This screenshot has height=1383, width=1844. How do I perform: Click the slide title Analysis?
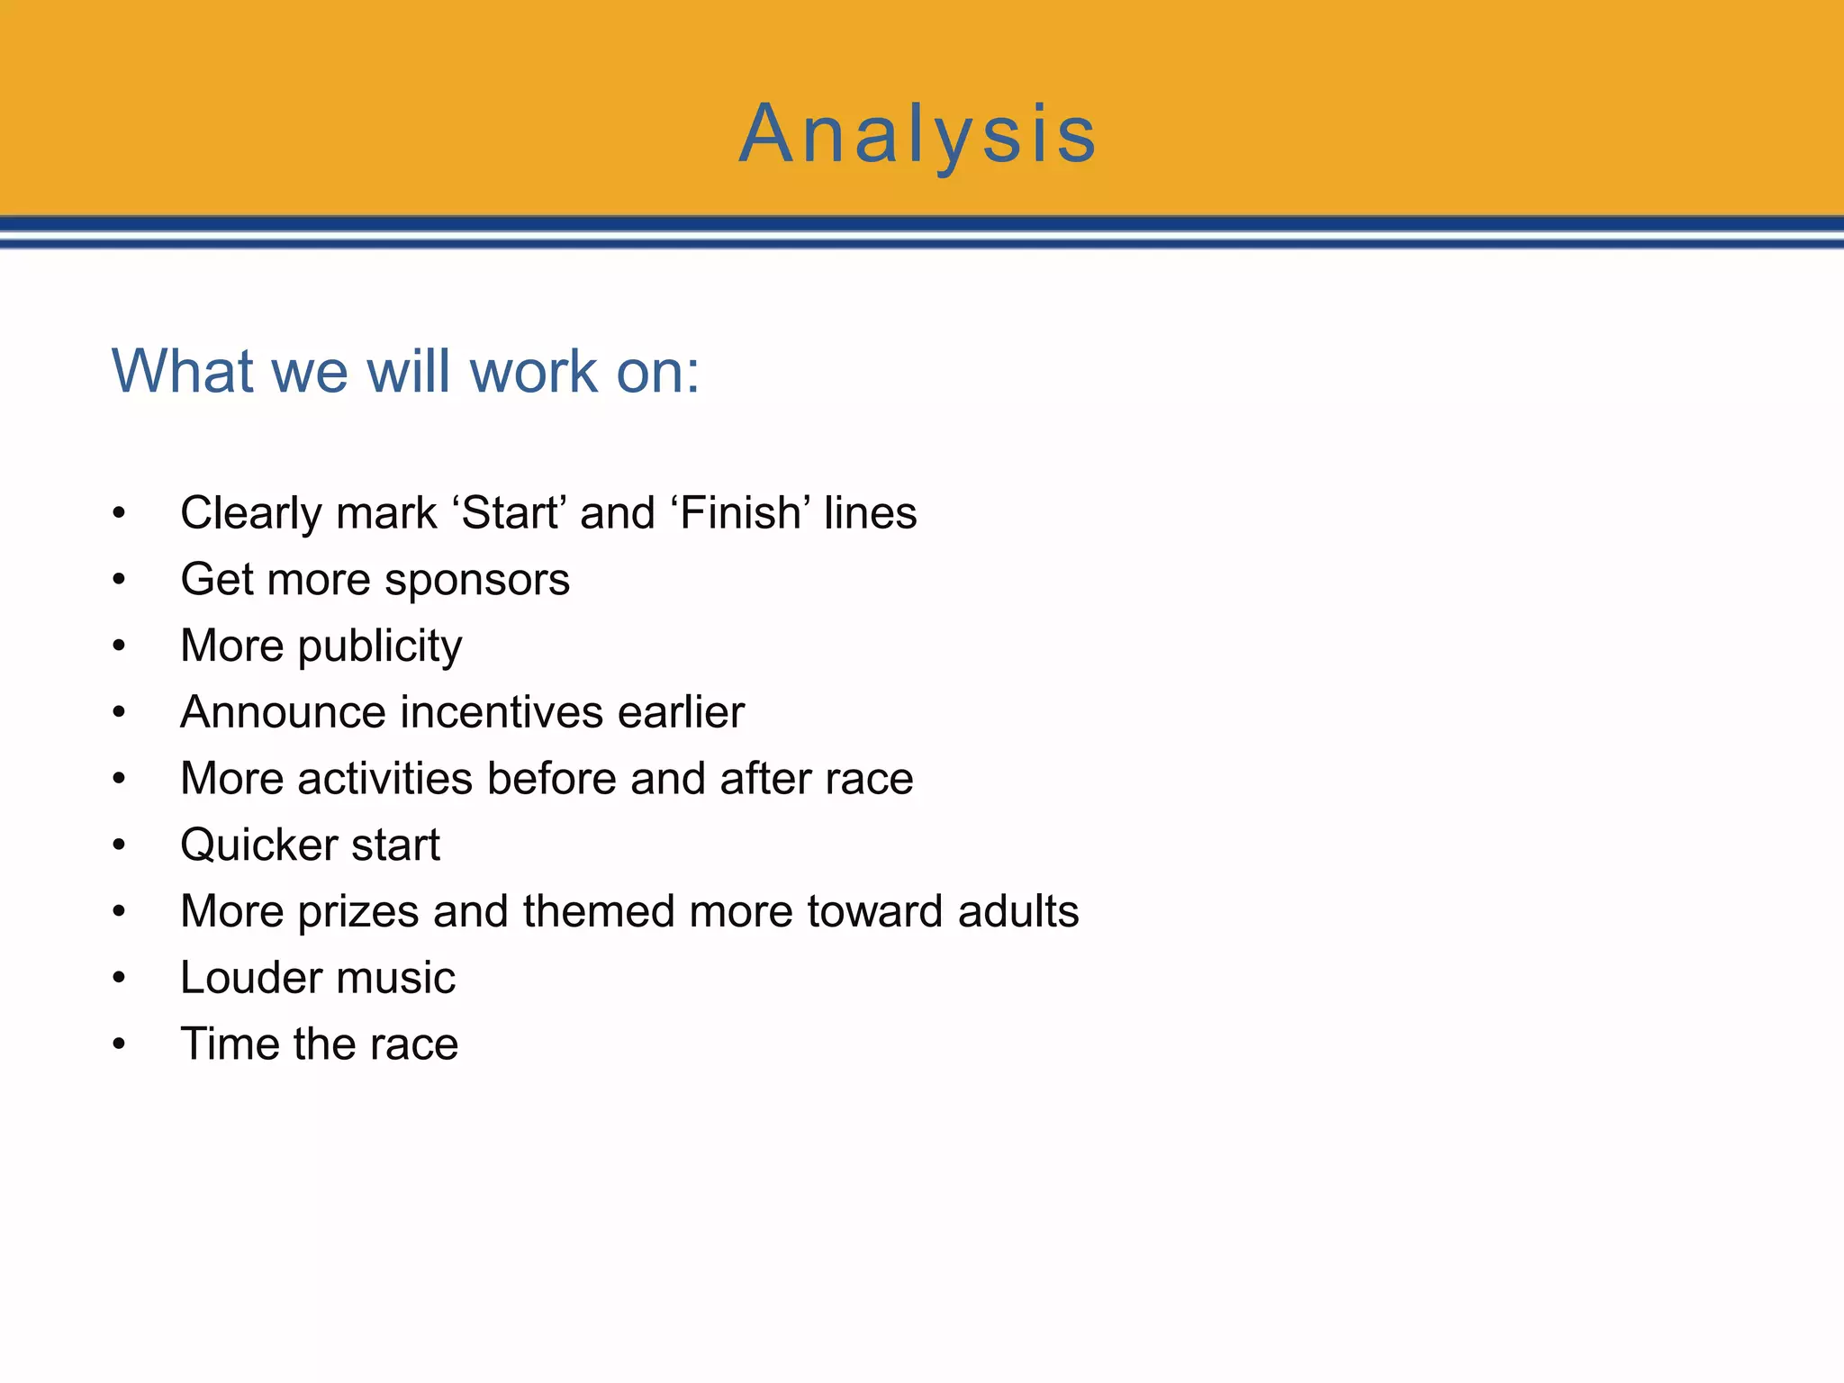pyautogui.click(x=917, y=135)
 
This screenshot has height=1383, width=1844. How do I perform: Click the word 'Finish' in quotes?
pyautogui.click(x=740, y=513)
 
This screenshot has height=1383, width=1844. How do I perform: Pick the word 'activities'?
pyautogui.click(x=384, y=779)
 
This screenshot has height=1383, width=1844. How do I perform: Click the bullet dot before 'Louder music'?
pyautogui.click(x=119, y=979)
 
